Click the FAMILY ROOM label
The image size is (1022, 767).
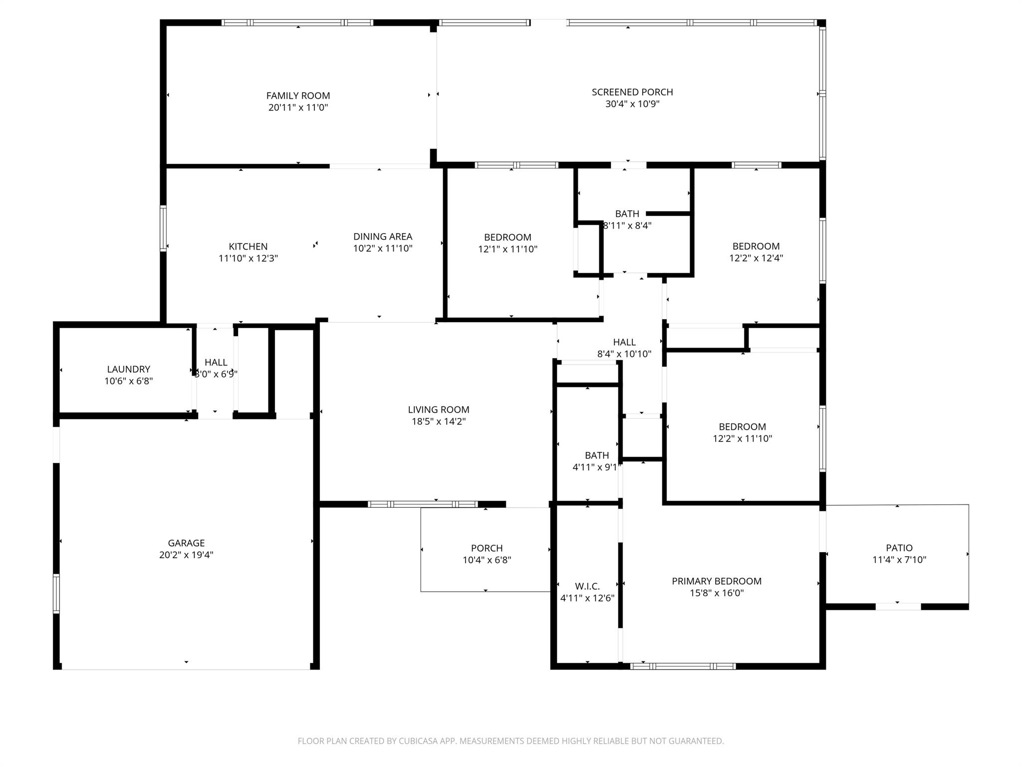pyautogui.click(x=298, y=95)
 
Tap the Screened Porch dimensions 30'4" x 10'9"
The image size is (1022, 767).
pyautogui.click(x=632, y=104)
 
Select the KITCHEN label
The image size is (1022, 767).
pyautogui.click(x=248, y=246)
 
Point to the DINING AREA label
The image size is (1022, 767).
pyautogui.click(x=383, y=236)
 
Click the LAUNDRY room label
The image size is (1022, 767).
pyautogui.click(x=128, y=369)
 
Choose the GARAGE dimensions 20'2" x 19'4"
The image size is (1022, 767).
pyautogui.click(x=186, y=555)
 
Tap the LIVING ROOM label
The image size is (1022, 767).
pyautogui.click(x=438, y=409)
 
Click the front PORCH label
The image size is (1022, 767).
pyautogui.click(x=487, y=548)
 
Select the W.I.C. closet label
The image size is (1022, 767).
pyautogui.click(x=587, y=586)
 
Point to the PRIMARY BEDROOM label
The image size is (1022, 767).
pyautogui.click(x=716, y=581)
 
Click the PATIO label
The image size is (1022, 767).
pyautogui.click(x=899, y=548)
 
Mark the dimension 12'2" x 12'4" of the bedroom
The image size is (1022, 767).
pyautogui.click(x=756, y=258)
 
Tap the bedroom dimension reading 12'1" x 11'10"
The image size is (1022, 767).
pyautogui.click(x=508, y=249)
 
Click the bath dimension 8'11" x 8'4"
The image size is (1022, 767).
pyautogui.click(x=627, y=225)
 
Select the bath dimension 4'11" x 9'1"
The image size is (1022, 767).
pyautogui.click(x=596, y=467)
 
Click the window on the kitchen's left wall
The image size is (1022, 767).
pyautogui.click(x=163, y=228)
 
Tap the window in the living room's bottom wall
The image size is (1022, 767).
pyautogui.click(x=423, y=504)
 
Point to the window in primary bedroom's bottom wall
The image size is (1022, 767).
pyautogui.click(x=683, y=666)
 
